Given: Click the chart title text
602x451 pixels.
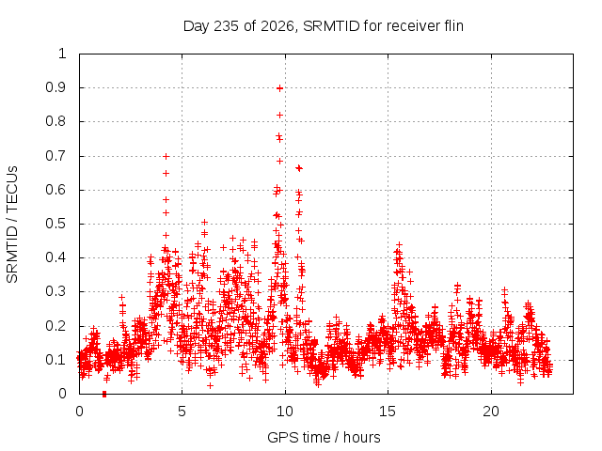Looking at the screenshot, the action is (324, 26).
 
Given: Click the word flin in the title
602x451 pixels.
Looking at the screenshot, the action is (453, 25).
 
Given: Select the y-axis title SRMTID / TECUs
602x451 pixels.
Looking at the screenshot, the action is (12, 225).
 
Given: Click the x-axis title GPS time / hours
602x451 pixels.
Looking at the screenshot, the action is (324, 437).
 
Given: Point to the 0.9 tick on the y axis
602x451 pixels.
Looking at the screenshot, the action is (55, 87).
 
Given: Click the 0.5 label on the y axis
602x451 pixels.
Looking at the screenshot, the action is (55, 224).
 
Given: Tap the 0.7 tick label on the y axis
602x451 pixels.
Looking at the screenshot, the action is (55, 156).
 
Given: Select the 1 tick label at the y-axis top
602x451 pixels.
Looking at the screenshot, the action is (62, 54).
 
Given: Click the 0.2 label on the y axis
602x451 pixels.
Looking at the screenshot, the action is (55, 326).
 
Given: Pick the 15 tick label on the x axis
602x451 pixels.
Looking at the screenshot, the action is (388, 412).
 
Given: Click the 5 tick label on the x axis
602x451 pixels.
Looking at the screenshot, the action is (182, 412).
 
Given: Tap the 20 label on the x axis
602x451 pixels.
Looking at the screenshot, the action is (491, 412).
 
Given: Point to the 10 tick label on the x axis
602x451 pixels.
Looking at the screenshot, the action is (285, 412).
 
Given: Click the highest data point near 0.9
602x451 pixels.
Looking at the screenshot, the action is (280, 88).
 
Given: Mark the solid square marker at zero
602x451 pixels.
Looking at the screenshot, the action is (104, 394).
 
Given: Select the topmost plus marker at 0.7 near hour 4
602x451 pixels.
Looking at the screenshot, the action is (166, 157).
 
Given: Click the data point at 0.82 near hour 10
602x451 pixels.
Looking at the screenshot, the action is (280, 115).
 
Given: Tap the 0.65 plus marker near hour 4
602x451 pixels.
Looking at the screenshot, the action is (166, 173).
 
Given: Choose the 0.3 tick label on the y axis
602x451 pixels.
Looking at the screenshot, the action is (55, 291).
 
